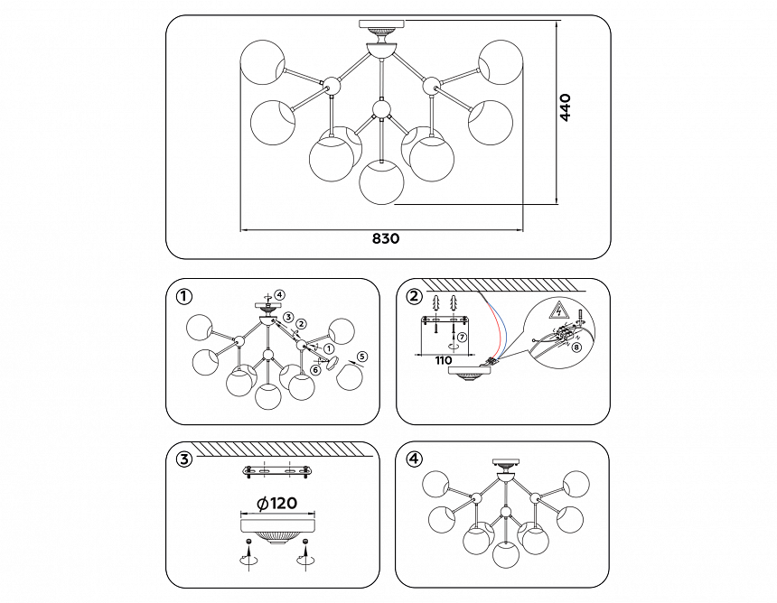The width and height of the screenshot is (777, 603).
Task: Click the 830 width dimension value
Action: click(385, 239)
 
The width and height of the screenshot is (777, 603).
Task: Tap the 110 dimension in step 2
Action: click(442, 360)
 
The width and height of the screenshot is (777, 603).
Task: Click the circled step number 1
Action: click(184, 296)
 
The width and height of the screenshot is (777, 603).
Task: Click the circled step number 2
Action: click(415, 296)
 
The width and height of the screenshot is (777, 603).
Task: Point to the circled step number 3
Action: click(184, 459)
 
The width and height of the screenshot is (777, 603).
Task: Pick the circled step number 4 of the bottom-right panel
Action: click(415, 459)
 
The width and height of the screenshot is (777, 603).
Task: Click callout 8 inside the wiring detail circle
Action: click(577, 347)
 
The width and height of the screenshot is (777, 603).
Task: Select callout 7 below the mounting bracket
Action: click(461, 338)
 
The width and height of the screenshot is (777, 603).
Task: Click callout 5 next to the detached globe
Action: click(362, 357)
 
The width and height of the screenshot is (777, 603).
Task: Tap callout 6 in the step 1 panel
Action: click(315, 368)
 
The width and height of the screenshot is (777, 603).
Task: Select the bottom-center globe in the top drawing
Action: click(381, 181)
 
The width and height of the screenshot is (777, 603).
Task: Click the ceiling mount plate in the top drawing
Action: click(384, 24)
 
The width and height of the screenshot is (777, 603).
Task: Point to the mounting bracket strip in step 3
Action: click(276, 471)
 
